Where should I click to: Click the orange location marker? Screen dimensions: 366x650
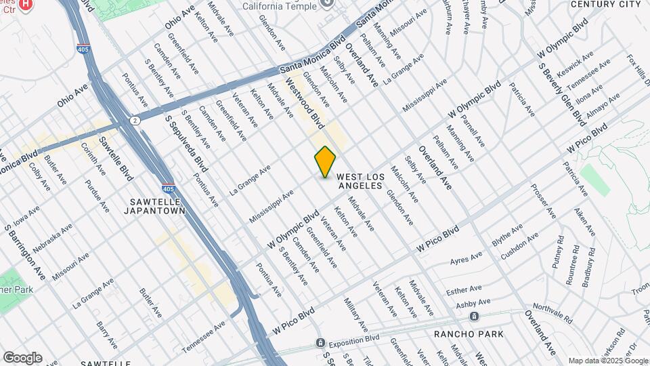[325, 162]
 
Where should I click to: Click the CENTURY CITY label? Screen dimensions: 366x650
[596, 4]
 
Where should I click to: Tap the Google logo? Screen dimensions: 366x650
[22, 357]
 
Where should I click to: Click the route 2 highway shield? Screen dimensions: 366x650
[135, 120]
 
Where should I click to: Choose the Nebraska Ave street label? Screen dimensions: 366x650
[52, 234]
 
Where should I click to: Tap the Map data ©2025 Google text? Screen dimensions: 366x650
[607, 360]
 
